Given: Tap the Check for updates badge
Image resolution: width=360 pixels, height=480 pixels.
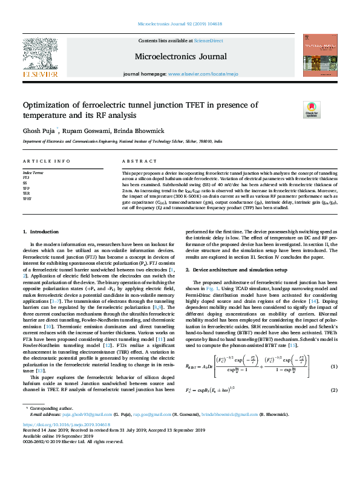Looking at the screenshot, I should point(311,109).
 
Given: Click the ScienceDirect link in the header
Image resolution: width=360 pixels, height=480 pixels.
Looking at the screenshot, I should point(208,41).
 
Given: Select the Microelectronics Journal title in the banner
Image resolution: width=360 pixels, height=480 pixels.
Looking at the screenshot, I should point(180,56).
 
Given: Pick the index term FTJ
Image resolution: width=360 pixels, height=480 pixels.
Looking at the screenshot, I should point(26,179).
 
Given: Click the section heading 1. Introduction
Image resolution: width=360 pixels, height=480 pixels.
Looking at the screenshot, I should point(41,232).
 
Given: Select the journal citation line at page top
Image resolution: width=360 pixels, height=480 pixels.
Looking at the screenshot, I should point(180,26).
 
